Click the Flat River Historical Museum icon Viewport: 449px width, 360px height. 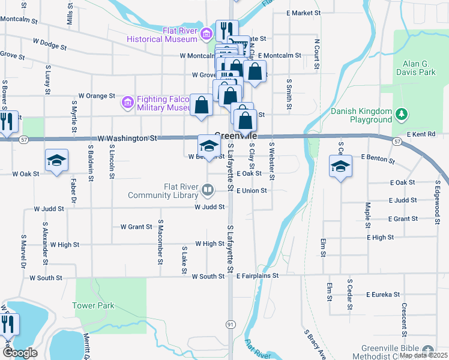(207, 32)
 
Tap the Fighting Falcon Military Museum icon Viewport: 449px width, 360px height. (127, 103)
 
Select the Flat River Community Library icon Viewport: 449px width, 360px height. (207, 191)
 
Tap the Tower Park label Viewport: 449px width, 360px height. (93, 305)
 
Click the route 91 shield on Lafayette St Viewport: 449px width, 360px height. (231, 324)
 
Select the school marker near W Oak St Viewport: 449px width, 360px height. (57, 160)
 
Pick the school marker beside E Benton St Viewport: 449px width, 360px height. (340, 166)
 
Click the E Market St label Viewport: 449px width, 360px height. (304, 13)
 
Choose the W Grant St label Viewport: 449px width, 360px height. (136, 227)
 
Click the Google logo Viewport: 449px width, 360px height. (20, 353)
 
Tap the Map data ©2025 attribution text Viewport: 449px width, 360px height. (423, 355)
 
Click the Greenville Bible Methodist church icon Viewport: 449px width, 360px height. (427, 349)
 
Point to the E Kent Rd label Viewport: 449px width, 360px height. (421, 134)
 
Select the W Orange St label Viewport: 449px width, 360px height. (97, 95)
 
